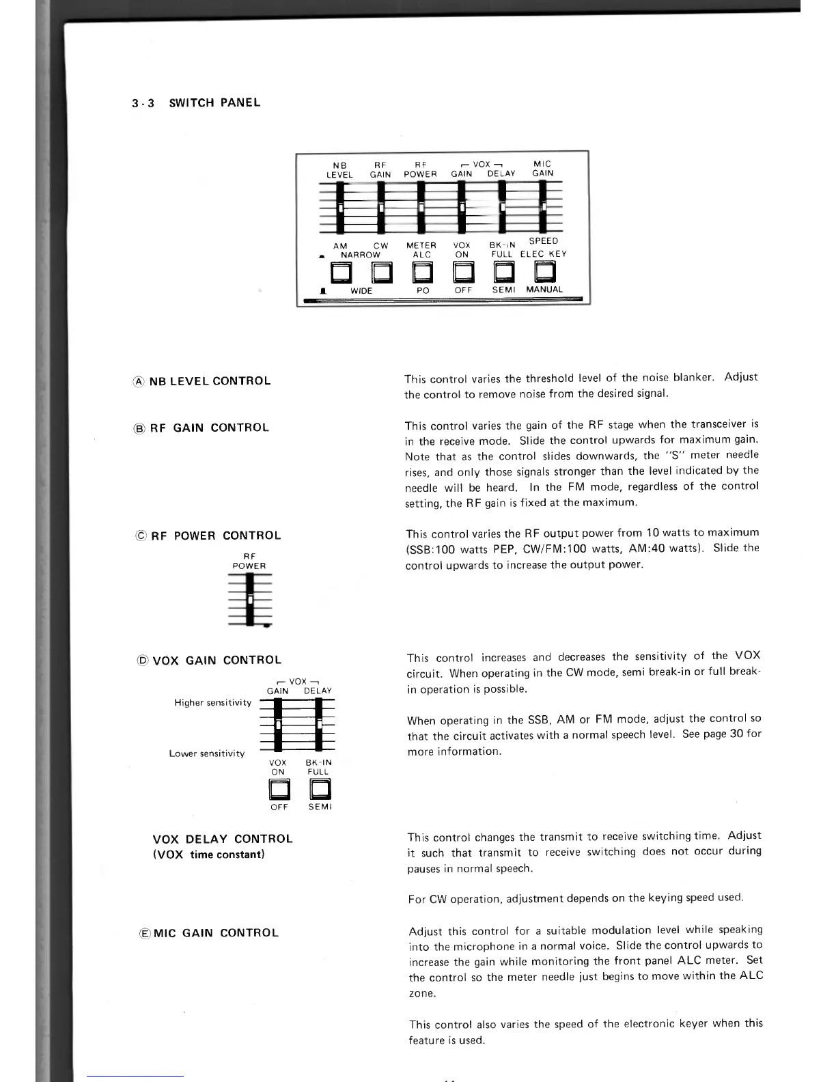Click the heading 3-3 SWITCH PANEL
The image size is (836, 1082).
(196, 103)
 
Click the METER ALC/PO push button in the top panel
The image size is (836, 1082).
(422, 273)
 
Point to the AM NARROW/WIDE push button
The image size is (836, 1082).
(340, 273)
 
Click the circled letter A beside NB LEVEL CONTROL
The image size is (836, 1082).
(139, 381)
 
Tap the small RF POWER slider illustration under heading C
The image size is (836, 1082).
(250, 599)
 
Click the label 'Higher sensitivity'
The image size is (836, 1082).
(213, 703)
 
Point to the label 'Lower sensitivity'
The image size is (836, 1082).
(207, 753)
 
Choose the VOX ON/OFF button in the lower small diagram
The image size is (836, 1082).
(279, 790)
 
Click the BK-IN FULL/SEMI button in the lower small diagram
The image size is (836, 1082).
(320, 790)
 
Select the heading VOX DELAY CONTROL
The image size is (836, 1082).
(223, 839)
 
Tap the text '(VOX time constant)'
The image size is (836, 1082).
(209, 855)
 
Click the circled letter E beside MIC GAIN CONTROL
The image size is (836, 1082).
(144, 933)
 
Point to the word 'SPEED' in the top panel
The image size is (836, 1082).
(544, 241)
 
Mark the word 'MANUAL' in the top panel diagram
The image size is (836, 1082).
(544, 290)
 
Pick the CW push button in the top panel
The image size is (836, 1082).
(381, 273)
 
